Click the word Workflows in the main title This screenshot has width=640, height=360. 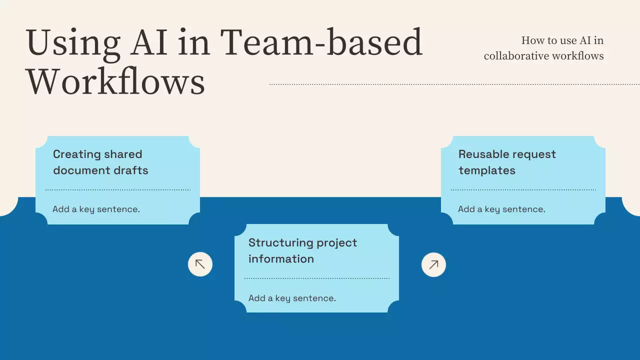coord(115,81)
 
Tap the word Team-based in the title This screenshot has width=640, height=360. coord(321,42)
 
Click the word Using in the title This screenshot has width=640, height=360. coord(73,43)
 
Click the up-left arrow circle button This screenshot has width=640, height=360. coord(200,264)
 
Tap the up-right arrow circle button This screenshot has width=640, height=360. coord(433,264)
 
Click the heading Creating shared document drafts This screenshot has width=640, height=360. coord(100,162)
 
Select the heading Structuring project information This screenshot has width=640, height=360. coord(302,250)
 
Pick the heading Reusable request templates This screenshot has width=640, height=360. coord(507,162)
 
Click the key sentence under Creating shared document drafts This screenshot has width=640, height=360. coord(96,209)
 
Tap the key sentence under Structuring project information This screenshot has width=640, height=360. coord(292,298)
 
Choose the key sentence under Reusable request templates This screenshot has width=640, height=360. coord(501,209)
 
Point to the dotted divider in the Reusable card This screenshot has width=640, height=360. coord(523,190)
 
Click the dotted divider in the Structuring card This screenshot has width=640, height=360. coord(316,278)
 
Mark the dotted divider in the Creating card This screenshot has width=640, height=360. coord(117,190)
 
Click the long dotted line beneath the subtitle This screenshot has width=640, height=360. coord(454,84)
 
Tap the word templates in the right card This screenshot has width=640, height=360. coord(486,170)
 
